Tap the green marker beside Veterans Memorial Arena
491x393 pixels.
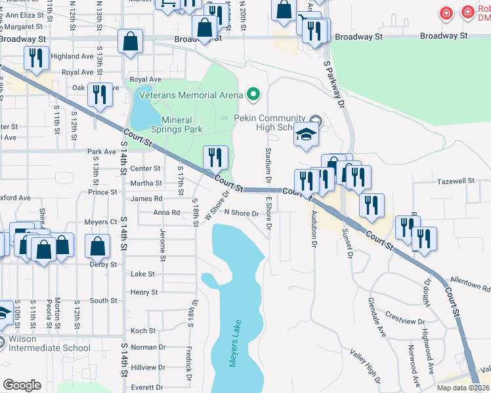click(x=252, y=95)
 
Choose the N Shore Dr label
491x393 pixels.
click(x=243, y=213)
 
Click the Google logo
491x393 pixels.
click(x=22, y=385)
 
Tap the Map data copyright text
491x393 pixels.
click(x=463, y=388)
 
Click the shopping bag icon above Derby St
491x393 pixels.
click(x=98, y=247)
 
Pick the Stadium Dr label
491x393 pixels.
click(x=268, y=165)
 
